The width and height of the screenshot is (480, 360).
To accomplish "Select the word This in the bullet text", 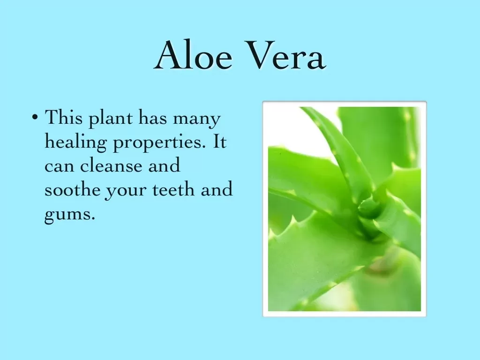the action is pyautogui.click(x=64, y=117).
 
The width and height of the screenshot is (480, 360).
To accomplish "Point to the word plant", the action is pyautogui.click(x=111, y=119).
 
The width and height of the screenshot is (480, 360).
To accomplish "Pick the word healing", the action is pyautogui.click(x=75, y=142).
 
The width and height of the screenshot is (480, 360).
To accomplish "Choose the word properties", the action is pyautogui.click(x=159, y=143).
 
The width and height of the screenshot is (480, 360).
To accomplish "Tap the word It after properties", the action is pyautogui.click(x=219, y=141).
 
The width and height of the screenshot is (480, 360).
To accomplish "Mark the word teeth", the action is pyautogui.click(x=173, y=189).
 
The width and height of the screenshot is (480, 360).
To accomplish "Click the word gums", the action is pyautogui.click(x=70, y=214).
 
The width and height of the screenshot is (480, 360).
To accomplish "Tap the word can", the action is pyautogui.click(x=60, y=166).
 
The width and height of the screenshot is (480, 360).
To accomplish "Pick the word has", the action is pyautogui.click(x=153, y=117).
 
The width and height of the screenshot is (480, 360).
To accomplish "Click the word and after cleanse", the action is pyautogui.click(x=164, y=165).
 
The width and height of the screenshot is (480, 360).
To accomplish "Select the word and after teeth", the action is pyautogui.click(x=217, y=189).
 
